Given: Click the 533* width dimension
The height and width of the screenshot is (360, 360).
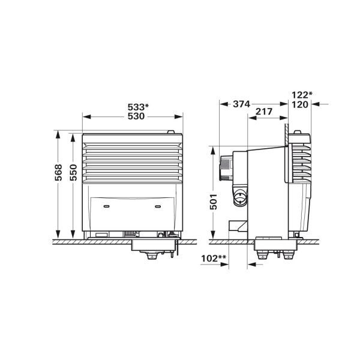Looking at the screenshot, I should point(138,107).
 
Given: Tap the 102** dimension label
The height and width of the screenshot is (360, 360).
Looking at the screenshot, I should point(215,258).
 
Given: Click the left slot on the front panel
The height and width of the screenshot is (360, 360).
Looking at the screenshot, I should point(106,205).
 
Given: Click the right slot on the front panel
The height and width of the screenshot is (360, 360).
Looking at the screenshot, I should point(158,205).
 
